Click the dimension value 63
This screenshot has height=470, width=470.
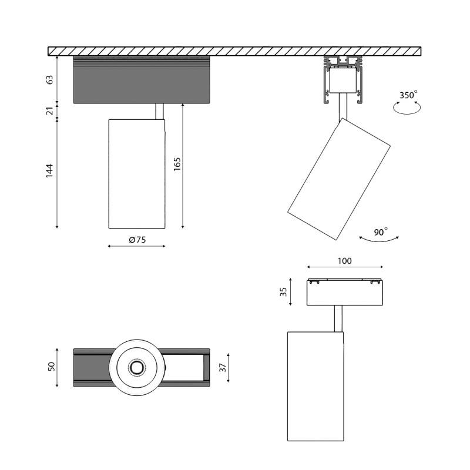tap(50, 79)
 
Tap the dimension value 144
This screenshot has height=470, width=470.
tap(50, 170)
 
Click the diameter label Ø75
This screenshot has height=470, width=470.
tap(137, 240)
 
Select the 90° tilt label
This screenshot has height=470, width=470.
tap(381, 232)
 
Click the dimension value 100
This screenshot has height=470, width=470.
tap(344, 261)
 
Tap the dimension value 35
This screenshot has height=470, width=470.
tap(284, 292)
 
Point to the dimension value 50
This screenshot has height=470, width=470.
tap(52, 367)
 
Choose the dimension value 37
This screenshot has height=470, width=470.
tap(223, 368)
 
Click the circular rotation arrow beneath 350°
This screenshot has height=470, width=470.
tap(407, 107)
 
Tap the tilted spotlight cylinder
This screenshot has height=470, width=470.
tap(339, 179)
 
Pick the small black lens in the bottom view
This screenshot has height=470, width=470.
tap(136, 368)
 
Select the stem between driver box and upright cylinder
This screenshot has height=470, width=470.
tap(159, 111)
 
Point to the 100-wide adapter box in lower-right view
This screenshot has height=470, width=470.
tap(344, 293)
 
